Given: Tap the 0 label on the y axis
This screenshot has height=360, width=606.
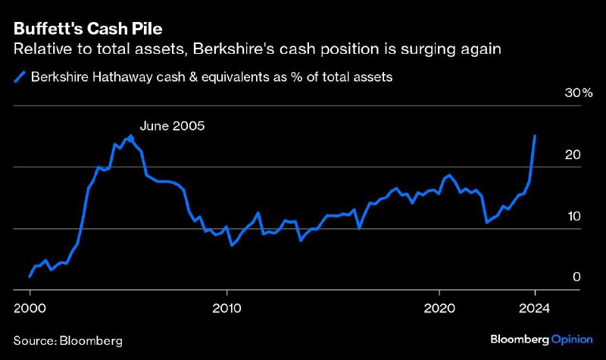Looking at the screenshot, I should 576,277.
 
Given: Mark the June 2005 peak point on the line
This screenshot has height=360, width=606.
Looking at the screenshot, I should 131,138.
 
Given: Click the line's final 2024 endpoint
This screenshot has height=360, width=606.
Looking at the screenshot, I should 535,136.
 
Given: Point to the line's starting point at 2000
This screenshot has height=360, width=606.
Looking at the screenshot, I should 30,277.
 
